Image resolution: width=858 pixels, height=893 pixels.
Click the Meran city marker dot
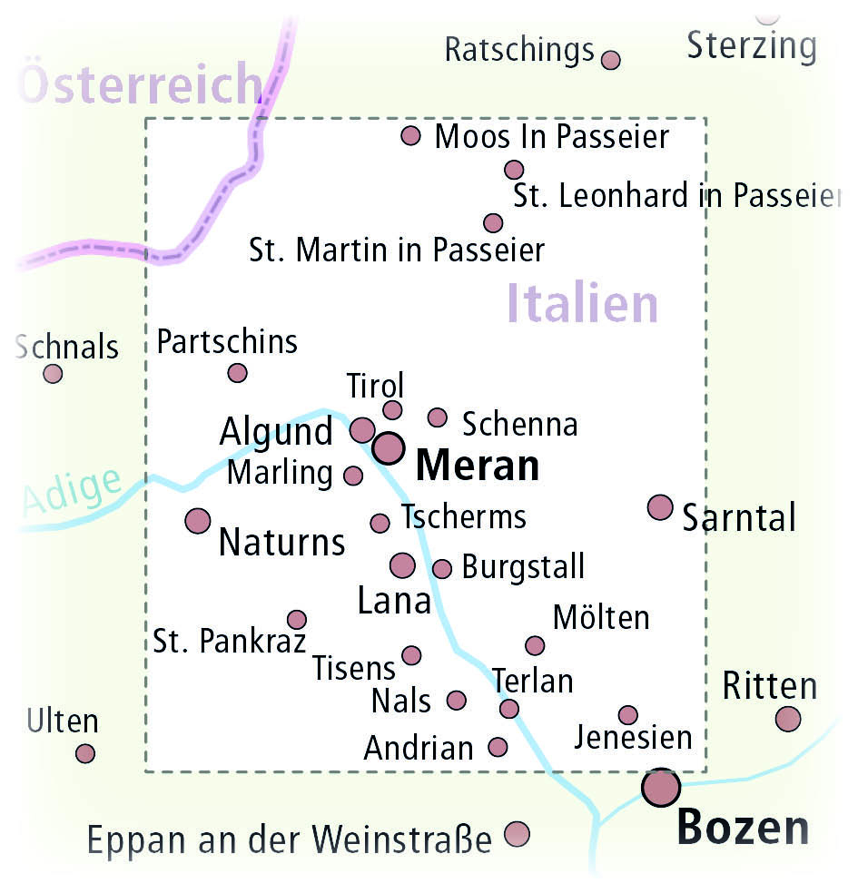click(x=388, y=447)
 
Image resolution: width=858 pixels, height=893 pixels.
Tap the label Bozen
click(x=743, y=827)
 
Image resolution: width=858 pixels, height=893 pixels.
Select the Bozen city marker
click(x=661, y=788)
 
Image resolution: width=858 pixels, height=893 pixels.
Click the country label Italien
click(x=582, y=303)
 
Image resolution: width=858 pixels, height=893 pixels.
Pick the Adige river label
click(x=71, y=493)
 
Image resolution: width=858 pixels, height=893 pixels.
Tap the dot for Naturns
click(x=197, y=521)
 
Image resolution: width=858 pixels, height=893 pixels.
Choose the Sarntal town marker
click(x=660, y=507)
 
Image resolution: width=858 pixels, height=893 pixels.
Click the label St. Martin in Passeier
click(x=397, y=250)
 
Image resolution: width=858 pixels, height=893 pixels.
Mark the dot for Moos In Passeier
click(x=411, y=136)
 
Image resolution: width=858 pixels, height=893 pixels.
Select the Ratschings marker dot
click(x=611, y=60)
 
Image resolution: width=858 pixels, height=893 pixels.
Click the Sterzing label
click(x=752, y=45)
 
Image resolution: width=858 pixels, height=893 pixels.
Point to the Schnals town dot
click(x=54, y=374)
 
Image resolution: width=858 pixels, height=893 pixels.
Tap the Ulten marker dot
click(x=85, y=753)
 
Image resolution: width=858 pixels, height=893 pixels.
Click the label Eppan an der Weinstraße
click(x=289, y=840)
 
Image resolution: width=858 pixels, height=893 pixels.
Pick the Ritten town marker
click(x=788, y=719)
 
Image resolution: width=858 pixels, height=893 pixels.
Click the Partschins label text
click(x=227, y=342)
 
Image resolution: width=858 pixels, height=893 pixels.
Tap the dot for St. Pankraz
click(x=296, y=620)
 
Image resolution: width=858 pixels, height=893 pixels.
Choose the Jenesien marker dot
click(x=627, y=715)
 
